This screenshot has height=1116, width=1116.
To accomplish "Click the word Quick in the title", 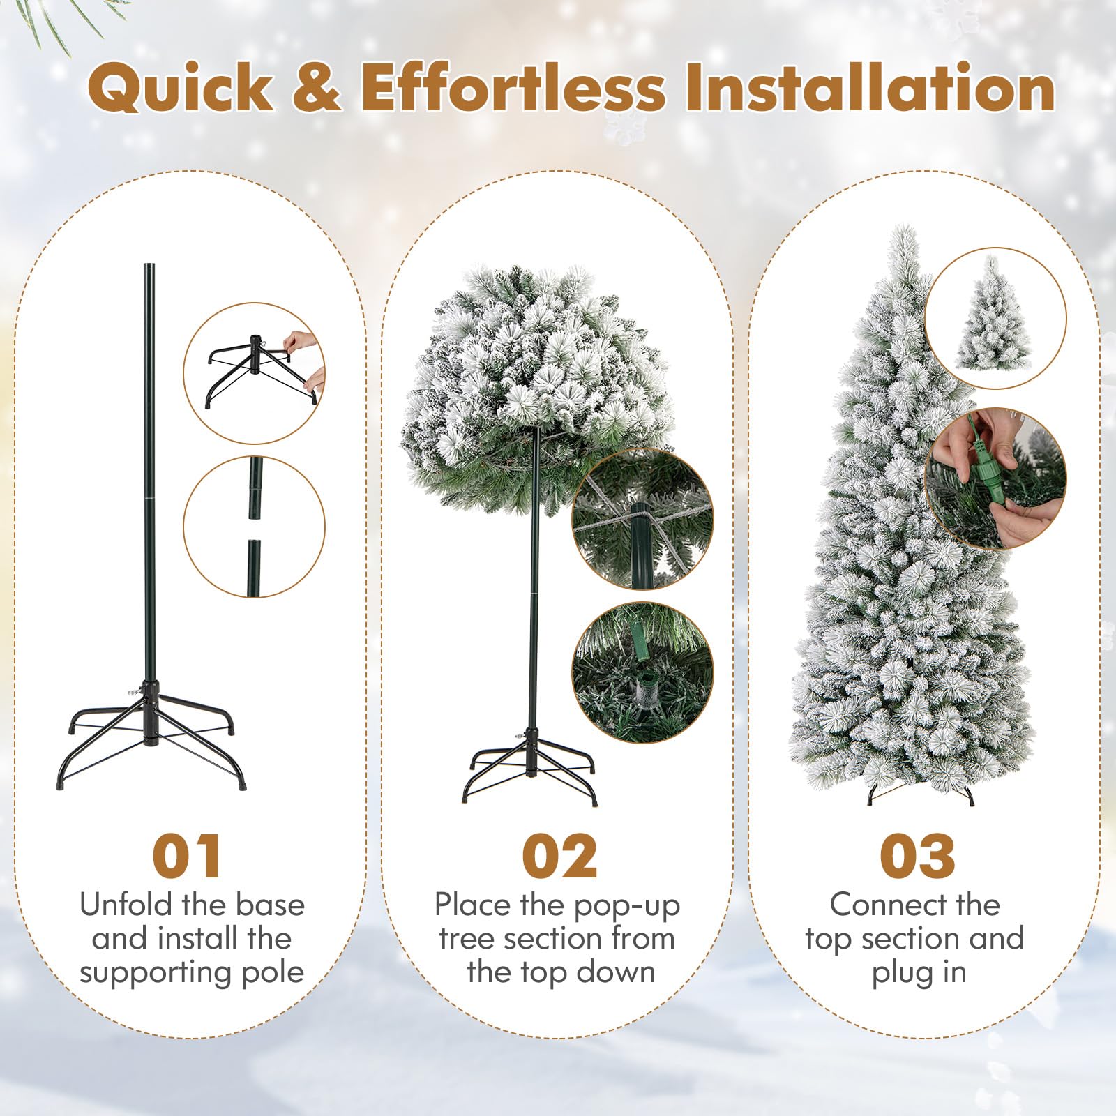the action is point(181,88).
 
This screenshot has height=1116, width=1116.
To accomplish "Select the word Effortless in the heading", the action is point(513,87).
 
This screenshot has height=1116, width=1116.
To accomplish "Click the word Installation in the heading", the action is point(870,87).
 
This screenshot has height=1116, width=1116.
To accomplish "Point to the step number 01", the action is point(188,856).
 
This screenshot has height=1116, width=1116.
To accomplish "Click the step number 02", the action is point(559,856).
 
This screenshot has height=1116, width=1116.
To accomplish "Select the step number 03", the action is point(917,856).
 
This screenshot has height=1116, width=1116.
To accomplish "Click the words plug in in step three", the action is point(919,973).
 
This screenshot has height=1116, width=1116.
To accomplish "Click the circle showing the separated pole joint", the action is point(255,527).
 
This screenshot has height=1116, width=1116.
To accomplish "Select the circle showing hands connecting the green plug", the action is point(996,478).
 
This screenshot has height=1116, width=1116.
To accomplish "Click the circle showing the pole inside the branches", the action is point(642,518).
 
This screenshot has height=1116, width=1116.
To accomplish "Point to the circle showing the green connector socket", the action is point(642,672).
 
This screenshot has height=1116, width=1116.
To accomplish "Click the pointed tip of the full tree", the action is point(905,226).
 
